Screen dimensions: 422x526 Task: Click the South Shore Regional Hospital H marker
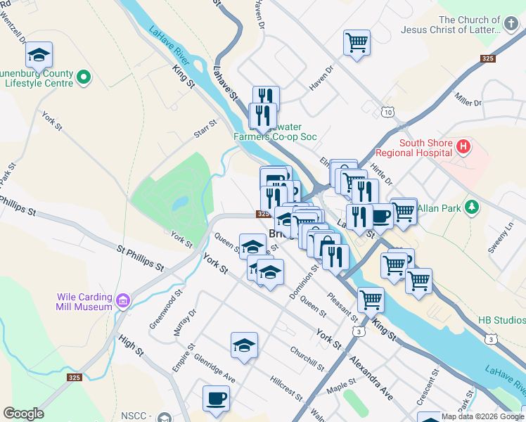463,147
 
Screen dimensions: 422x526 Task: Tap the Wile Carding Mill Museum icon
123,302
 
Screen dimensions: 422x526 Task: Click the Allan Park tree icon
473,207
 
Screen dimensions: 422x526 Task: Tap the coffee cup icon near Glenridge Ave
216,398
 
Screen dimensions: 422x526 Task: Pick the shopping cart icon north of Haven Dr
357,42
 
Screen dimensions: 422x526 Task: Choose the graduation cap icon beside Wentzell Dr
39,56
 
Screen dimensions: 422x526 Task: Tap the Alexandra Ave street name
372,381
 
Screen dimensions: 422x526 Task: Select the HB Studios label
501,320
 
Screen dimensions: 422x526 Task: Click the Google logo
23,414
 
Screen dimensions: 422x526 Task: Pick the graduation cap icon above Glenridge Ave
244,345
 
